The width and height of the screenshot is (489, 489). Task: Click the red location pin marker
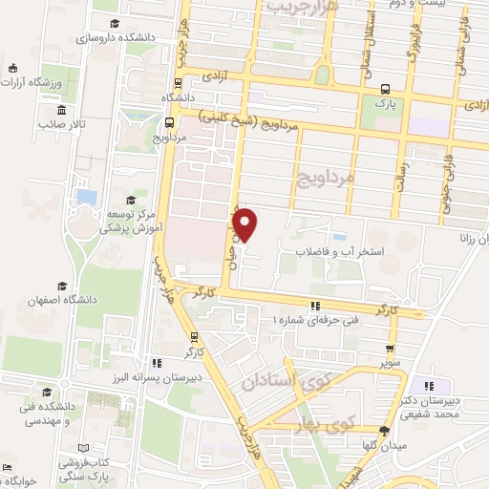pyautogui.click(x=246, y=223)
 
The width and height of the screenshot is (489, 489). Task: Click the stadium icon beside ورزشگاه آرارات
pyautogui.click(x=12, y=68)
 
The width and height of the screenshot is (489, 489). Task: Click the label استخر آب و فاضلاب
pyautogui.click(x=328, y=252)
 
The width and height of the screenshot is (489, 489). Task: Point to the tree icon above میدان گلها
pyautogui.click(x=384, y=431)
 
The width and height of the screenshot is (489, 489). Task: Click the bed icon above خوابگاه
pyautogui.click(x=9, y=468)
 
